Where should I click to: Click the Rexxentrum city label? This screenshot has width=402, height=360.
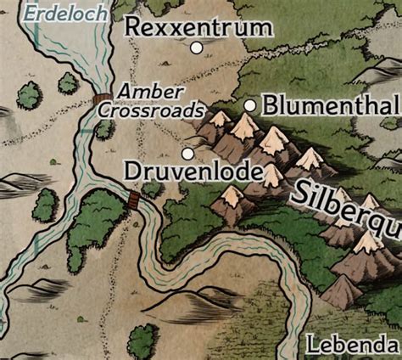point(199,27)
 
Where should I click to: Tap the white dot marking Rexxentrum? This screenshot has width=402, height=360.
point(197,48)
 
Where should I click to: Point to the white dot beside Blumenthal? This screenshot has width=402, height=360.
point(250,105)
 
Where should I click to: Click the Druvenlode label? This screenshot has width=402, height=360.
point(191,171)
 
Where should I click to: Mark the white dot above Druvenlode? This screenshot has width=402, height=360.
point(187,153)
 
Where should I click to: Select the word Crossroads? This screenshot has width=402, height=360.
point(151,110)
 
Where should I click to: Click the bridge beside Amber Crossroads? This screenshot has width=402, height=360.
point(103,101)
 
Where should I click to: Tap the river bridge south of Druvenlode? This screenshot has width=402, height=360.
point(133,200)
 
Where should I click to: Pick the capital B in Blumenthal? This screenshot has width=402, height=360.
point(271,106)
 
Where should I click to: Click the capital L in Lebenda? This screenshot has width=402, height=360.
point(311,346)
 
